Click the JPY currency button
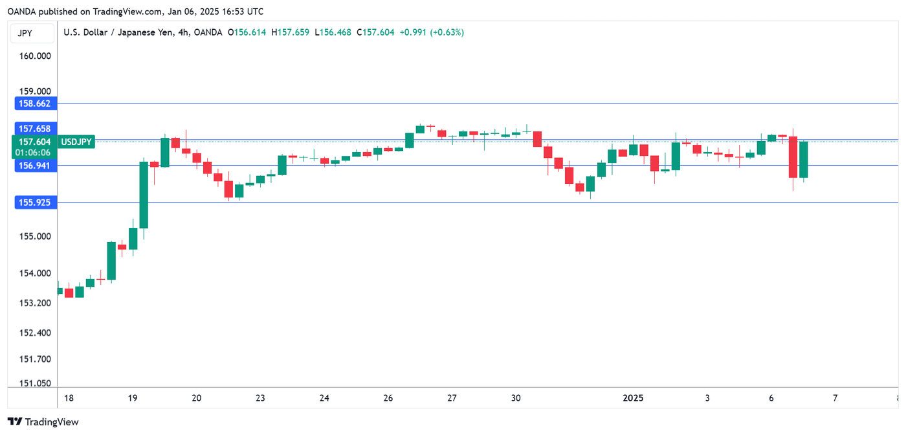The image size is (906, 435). click(25, 33)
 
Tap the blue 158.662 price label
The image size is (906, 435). click(35, 103)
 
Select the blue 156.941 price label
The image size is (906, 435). click(35, 166)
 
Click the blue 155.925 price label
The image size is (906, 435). click(35, 203)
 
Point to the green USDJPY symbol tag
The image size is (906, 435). click(76, 142)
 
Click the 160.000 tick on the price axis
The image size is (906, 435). click(35, 56)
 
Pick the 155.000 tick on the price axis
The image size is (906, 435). click(35, 237)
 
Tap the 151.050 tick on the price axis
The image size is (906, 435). click(35, 383)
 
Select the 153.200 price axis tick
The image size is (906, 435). click(35, 303)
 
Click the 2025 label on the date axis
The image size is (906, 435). click(633, 398)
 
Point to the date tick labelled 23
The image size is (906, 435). click(260, 398)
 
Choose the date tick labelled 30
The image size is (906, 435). click(515, 398)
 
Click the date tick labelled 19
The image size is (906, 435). click(133, 398)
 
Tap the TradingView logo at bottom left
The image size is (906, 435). click(43, 422)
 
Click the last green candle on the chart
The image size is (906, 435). click(803, 159)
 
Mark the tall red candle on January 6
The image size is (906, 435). click(793, 157)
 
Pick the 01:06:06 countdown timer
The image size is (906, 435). click(35, 152)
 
